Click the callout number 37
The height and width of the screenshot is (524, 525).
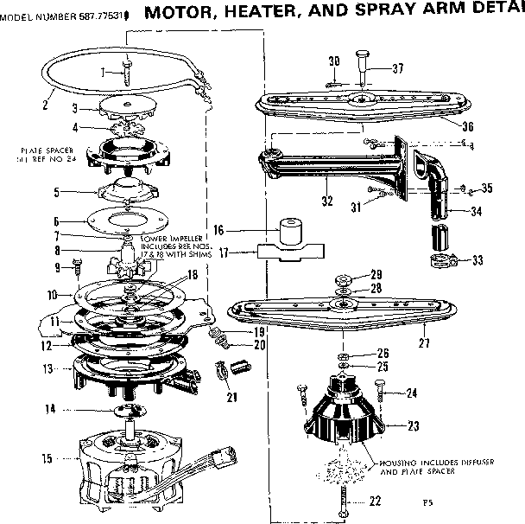point(398,68)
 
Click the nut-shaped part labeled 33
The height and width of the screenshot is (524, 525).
point(440,261)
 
